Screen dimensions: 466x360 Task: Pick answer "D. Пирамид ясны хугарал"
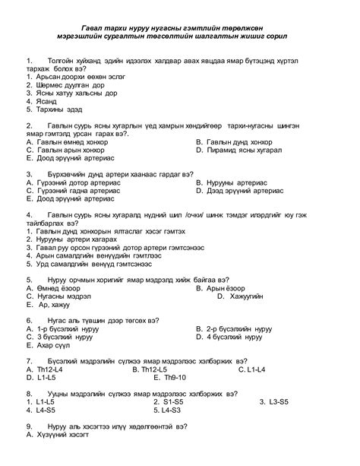pyautogui.click(x=238, y=151)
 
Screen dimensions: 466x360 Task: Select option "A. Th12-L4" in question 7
pyautogui.click(x=49, y=369)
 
